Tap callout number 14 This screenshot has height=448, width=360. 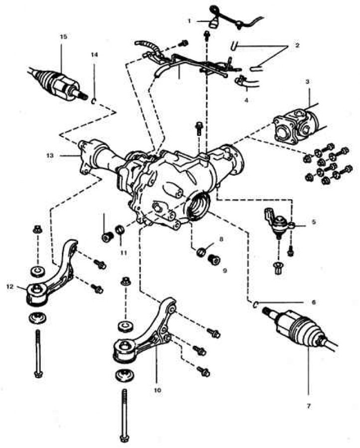[94, 55]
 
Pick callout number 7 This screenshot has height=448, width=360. [308, 407]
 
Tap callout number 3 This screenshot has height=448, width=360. [308, 81]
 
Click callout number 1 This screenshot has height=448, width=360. [189, 21]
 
